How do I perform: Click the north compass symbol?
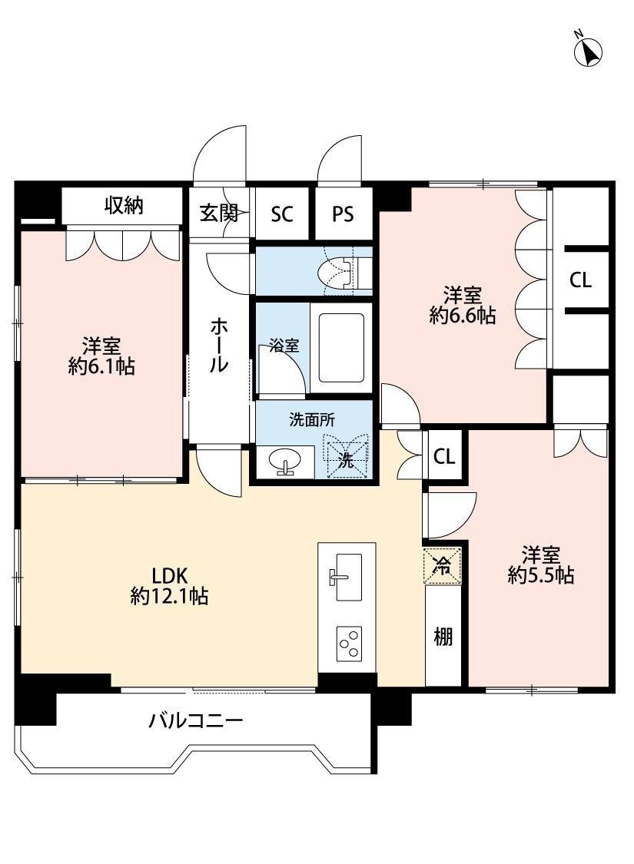pyautogui.click(x=589, y=51)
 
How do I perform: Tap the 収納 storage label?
pyautogui.click(x=124, y=206)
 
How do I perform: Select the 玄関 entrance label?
pyautogui.click(x=219, y=214)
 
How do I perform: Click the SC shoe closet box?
pyautogui.click(x=282, y=214)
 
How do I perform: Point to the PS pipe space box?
pyautogui.click(x=343, y=214)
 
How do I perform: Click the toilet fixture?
pyautogui.click(x=339, y=273)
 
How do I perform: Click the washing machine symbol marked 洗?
pyautogui.click(x=347, y=460)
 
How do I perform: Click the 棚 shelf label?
pyautogui.click(x=443, y=637)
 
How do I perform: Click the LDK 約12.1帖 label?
pyautogui.click(x=170, y=585)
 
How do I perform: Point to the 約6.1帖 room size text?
pyautogui.click(x=101, y=367)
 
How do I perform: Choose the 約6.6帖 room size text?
pyautogui.click(x=462, y=315)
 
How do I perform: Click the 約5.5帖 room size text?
pyautogui.click(x=541, y=576)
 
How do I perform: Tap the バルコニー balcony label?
pyautogui.click(x=196, y=721)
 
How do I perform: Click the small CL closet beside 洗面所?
pyautogui.click(x=444, y=457)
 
